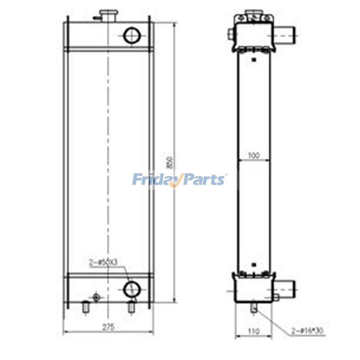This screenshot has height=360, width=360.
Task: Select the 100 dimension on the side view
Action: tap(254, 156)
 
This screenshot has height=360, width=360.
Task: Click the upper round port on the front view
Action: tap(132, 35)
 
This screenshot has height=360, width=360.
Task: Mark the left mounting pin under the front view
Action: tap(86, 307)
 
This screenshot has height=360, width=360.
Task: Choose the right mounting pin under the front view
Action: tap(131, 307)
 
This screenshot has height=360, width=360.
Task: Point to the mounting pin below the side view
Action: tap(255, 308)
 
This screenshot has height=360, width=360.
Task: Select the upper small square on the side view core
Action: tap(254, 59)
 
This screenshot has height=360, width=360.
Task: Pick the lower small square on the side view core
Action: tap(254, 265)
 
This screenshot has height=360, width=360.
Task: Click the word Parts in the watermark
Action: tap(202, 180)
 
